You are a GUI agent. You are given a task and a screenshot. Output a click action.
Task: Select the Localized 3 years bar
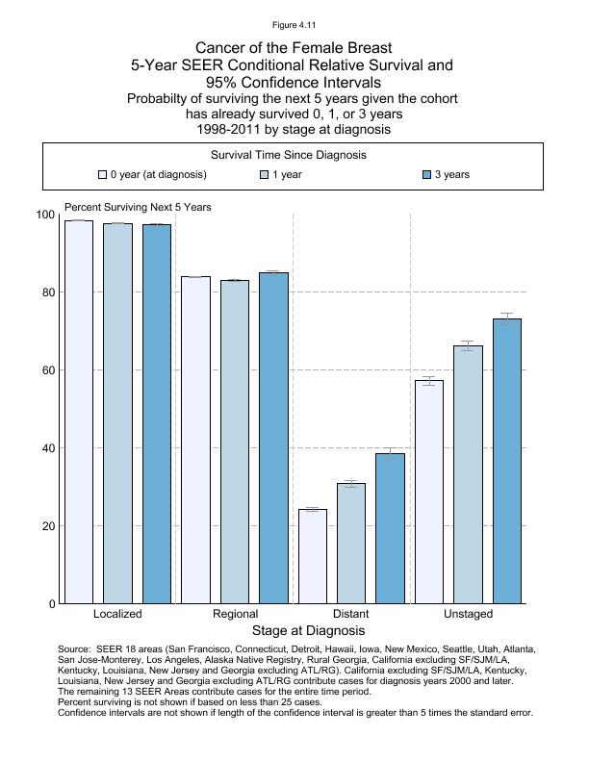157,414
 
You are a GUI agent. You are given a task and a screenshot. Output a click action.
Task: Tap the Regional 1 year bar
235,442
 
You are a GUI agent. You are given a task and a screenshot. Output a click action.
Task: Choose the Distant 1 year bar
351,544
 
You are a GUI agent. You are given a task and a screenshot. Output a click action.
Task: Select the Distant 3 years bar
390,528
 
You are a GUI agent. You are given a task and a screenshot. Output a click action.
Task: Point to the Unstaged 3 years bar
507,461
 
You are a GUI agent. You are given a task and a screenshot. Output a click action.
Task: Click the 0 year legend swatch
103,175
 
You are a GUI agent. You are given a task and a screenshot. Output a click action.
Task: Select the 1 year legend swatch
265,175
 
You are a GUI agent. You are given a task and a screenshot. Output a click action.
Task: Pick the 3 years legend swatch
427,175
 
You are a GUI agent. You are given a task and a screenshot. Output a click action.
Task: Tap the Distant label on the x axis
350,614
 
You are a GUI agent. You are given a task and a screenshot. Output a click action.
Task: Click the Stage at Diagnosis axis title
308,631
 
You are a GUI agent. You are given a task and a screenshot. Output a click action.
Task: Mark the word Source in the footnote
75,649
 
